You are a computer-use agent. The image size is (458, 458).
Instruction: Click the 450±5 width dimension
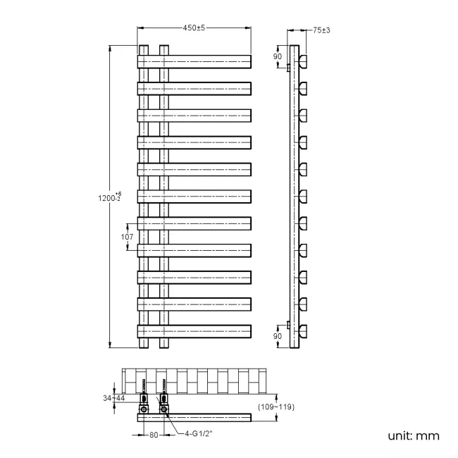(x=194, y=27)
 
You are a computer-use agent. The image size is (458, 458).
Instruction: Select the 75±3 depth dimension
(x=322, y=30)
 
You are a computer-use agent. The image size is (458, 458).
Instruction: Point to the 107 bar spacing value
(x=127, y=237)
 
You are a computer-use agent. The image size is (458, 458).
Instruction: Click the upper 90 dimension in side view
(x=278, y=56)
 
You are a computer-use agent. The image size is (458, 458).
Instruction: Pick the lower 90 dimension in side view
(x=278, y=336)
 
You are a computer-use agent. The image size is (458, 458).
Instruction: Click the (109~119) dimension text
(x=275, y=407)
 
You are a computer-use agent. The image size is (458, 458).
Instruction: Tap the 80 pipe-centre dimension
(x=154, y=435)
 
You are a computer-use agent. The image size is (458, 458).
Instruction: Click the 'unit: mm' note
(x=413, y=435)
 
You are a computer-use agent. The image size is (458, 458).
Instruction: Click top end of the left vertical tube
(x=144, y=49)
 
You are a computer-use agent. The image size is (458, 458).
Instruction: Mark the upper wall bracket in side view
(x=288, y=68)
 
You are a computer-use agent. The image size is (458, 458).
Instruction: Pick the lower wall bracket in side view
(x=288, y=325)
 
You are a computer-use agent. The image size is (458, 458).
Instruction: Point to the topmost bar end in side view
(x=304, y=61)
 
